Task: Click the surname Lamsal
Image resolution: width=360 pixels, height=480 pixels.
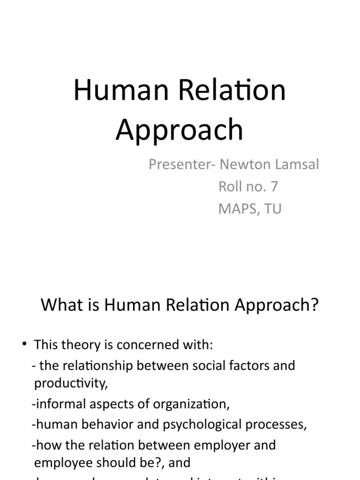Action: pos(297,165)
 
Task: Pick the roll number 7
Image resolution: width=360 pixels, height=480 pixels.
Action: pos(274,187)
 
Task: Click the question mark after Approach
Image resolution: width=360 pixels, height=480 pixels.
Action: pos(315,305)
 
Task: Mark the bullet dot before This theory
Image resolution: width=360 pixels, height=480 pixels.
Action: pos(24,345)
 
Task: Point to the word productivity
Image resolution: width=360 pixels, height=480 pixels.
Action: pos(70,384)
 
